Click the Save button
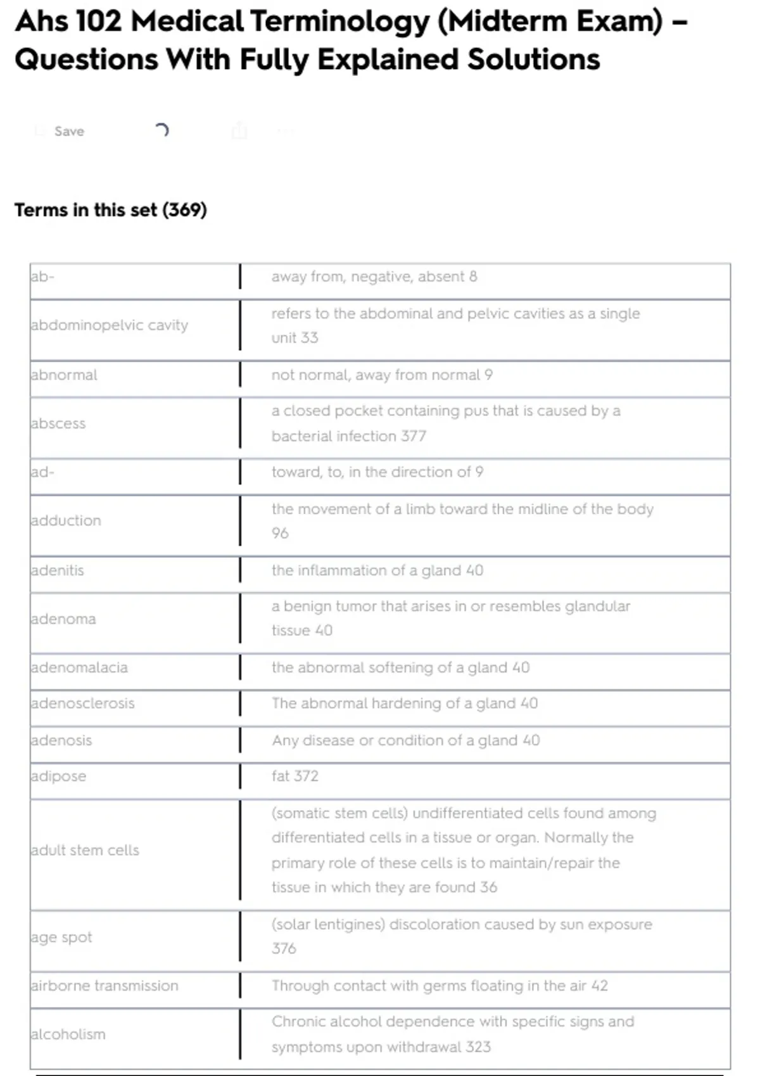[x=68, y=131]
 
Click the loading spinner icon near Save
[x=161, y=130]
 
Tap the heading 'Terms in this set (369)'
[x=111, y=210]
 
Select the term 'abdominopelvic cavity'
[x=110, y=325]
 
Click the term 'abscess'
[x=58, y=423]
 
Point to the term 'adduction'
[x=66, y=521]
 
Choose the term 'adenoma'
[x=63, y=619]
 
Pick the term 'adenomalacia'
[x=79, y=668]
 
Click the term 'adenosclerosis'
[x=83, y=704]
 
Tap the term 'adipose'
[x=58, y=777]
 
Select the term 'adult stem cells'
[x=85, y=851]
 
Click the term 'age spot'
[x=61, y=937]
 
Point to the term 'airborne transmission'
[x=104, y=986]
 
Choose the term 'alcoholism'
[x=68, y=1035]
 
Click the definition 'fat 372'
[x=295, y=777]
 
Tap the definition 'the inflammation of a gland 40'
[x=377, y=571]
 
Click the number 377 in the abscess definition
[x=414, y=436]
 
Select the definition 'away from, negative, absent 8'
[x=374, y=277]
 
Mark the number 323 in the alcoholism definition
[x=478, y=1047]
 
